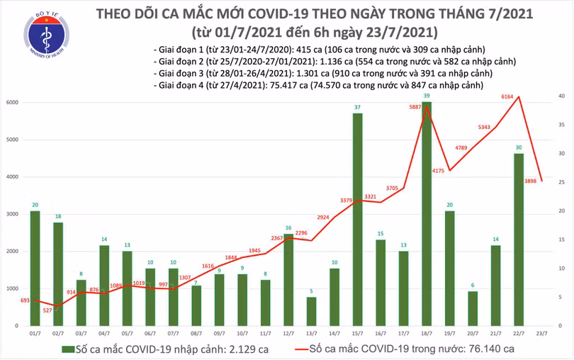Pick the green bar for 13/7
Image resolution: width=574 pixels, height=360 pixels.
pos(312,311)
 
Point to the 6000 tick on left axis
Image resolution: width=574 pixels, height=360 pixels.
pos(13,102)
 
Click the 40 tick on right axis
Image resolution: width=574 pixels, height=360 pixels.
pos(561,96)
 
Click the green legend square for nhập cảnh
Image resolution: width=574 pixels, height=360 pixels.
pos(68,349)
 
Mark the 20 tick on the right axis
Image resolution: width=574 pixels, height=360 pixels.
pos(561,211)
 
